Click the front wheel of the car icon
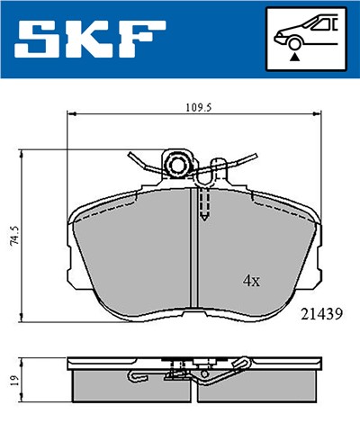click(293, 41)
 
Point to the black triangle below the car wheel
click(293, 57)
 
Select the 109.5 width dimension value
click(196, 106)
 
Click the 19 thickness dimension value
click(11, 382)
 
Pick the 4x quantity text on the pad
click(251, 281)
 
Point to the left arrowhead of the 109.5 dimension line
click(73, 114)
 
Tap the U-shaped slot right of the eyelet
click(216, 168)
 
